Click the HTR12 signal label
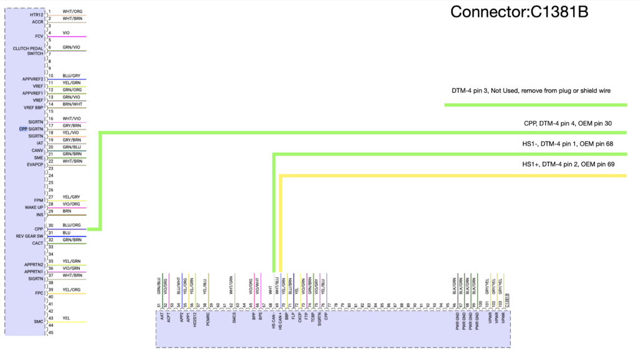click(37, 14)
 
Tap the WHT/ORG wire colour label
click(72, 11)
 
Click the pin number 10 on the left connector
click(51, 76)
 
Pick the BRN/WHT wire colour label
click(72, 104)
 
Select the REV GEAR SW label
click(29, 236)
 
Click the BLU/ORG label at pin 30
click(72, 225)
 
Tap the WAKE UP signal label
click(34, 207)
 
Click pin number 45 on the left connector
click(51, 333)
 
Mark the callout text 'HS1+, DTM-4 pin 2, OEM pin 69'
click(568, 164)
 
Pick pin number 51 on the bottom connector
click(159, 305)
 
